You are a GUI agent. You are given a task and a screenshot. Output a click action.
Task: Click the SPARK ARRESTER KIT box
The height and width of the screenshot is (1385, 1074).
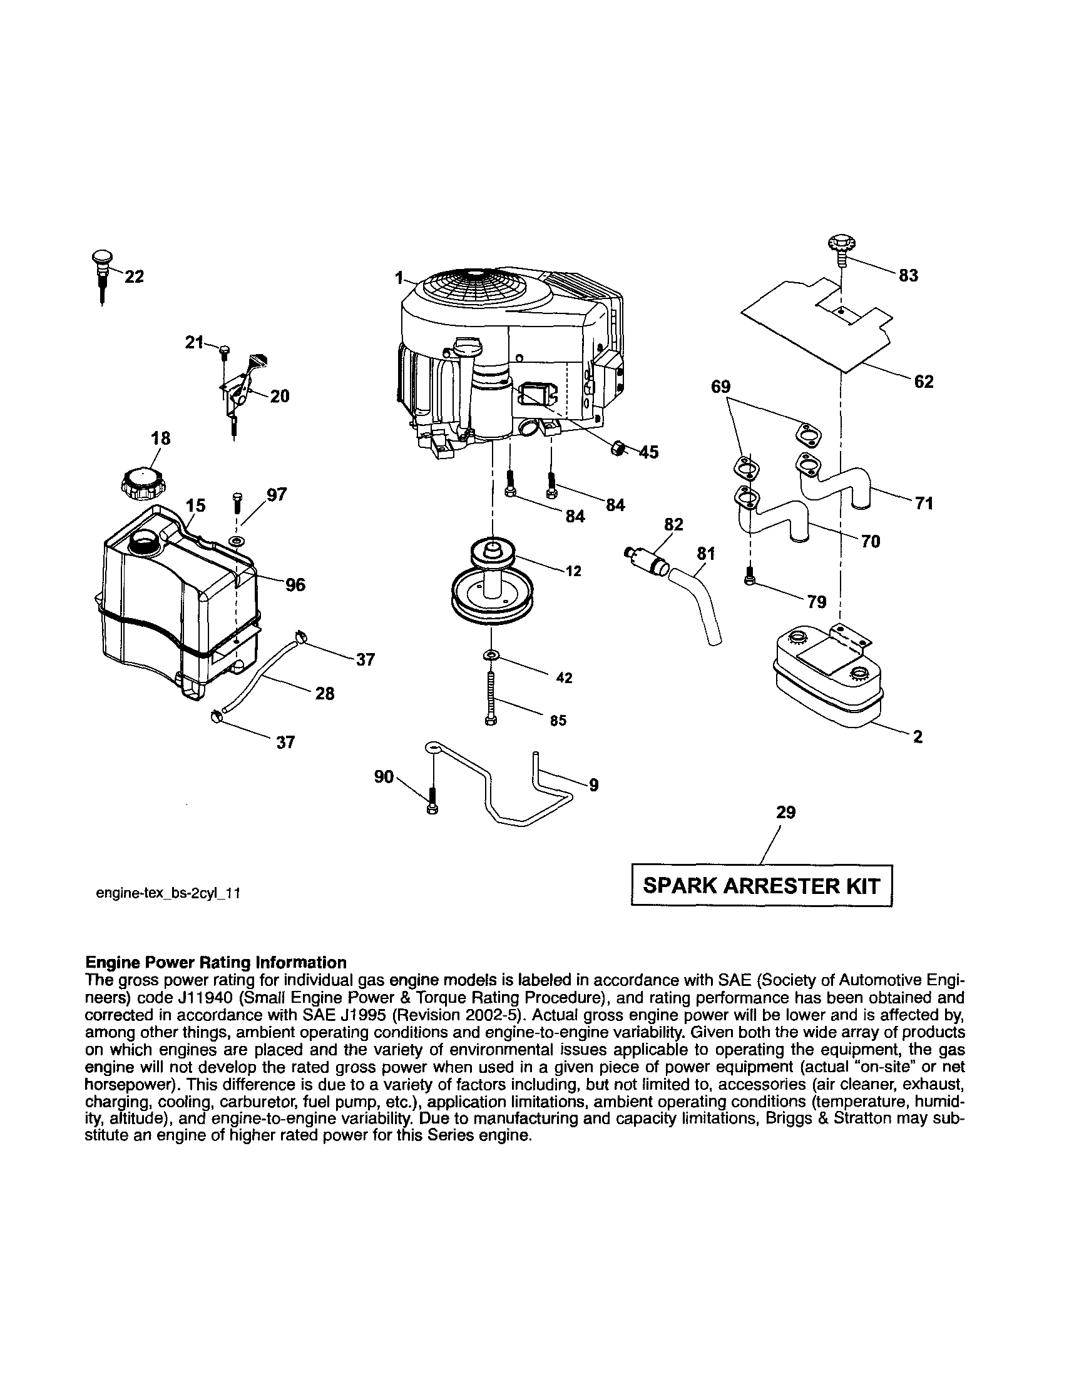coord(761,886)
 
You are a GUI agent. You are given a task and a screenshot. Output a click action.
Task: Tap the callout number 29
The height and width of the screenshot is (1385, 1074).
coord(785,813)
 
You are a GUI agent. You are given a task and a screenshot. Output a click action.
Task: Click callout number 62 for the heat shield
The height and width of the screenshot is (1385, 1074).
coord(924,382)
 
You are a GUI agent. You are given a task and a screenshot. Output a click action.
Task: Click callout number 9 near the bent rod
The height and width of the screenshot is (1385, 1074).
coord(593,786)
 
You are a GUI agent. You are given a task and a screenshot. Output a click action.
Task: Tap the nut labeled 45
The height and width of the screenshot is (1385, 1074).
coord(616,449)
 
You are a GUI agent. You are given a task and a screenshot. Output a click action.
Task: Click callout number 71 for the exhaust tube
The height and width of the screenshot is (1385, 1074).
coord(924,504)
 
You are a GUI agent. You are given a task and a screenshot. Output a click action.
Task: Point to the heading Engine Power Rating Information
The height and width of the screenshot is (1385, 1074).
coord(216,963)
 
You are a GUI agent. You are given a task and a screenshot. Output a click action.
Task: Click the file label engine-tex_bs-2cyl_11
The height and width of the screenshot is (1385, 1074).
coord(168,893)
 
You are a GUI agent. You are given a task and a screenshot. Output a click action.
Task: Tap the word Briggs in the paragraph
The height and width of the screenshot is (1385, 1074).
coord(786,1119)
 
